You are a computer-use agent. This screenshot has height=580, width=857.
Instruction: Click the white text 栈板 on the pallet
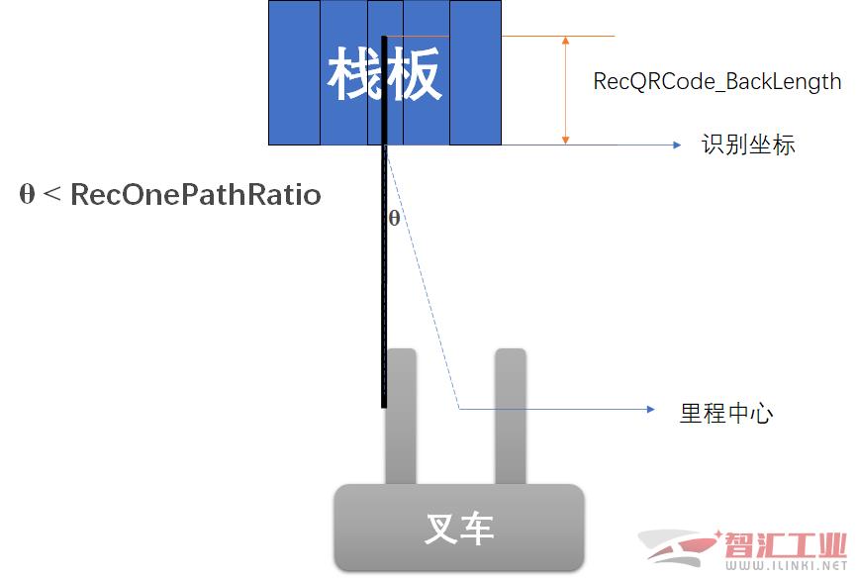tap(384, 74)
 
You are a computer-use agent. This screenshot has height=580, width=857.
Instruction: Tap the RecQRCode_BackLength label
tap(717, 81)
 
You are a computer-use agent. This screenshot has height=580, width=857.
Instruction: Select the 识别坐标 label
tap(748, 145)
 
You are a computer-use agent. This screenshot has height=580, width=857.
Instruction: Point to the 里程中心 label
tap(726, 413)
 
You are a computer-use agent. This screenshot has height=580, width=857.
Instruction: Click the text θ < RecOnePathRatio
tap(170, 194)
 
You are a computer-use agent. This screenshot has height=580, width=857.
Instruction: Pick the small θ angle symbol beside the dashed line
tap(394, 218)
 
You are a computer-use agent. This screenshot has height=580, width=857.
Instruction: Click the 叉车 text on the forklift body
tap(459, 529)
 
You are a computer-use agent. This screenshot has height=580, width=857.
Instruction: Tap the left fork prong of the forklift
tap(401, 417)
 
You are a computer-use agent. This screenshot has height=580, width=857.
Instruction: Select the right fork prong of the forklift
tap(511, 417)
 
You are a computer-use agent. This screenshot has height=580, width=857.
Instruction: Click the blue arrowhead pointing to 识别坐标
tap(677, 145)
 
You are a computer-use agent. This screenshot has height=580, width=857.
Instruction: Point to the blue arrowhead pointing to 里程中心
tap(650, 409)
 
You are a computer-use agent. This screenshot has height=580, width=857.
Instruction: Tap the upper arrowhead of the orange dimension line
tap(566, 41)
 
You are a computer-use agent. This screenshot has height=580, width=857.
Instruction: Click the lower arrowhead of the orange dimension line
tap(566, 140)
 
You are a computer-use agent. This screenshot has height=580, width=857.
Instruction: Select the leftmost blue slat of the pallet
tap(294, 72)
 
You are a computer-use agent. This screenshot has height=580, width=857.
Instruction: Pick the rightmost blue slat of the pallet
tap(475, 72)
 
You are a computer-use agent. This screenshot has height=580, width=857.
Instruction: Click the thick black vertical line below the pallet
tap(384, 222)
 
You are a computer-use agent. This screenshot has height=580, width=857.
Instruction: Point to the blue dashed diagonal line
tap(423, 277)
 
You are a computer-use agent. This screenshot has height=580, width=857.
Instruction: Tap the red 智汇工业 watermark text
tap(785, 544)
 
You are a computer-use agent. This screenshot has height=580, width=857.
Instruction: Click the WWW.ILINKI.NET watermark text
tap(786, 565)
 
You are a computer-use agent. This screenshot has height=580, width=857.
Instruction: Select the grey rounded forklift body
tap(459, 528)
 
